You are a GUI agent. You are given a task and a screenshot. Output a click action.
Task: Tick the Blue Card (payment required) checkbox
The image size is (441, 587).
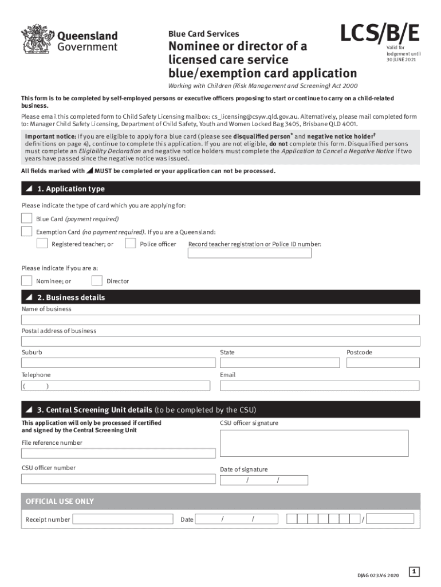click(x=27, y=218)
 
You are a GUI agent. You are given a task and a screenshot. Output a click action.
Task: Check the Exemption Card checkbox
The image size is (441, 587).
click(x=27, y=232)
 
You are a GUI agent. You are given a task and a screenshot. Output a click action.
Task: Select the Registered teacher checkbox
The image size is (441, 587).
click(x=42, y=244)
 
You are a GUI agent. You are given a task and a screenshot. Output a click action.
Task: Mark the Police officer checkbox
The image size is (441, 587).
click(x=131, y=244)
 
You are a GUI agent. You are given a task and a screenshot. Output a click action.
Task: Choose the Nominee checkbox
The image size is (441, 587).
click(x=27, y=280)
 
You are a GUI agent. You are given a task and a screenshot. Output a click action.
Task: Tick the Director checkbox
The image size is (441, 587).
click(x=97, y=280)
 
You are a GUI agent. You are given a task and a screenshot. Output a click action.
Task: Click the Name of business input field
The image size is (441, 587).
click(x=220, y=319)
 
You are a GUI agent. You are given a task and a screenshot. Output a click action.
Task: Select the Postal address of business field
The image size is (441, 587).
click(x=220, y=341)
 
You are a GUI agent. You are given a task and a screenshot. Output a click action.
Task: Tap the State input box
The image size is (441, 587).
click(x=279, y=363)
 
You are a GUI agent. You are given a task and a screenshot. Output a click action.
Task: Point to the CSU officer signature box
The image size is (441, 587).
click(x=314, y=443)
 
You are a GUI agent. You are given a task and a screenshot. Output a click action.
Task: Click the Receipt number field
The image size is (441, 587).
click(x=123, y=519)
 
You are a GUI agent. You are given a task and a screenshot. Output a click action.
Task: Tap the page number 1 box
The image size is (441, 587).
click(x=415, y=572)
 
